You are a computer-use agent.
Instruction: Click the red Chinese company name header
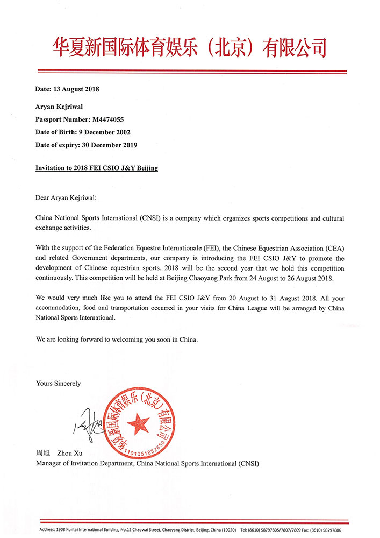pyautogui.click(x=189, y=47)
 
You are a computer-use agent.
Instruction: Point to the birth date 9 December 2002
pyautogui.click(x=101, y=132)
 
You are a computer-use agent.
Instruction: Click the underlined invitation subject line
pyautogui.click(x=97, y=168)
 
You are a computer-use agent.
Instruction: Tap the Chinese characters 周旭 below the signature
pyautogui.click(x=43, y=454)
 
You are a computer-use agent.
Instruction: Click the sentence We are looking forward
pyautogui.click(x=117, y=340)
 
